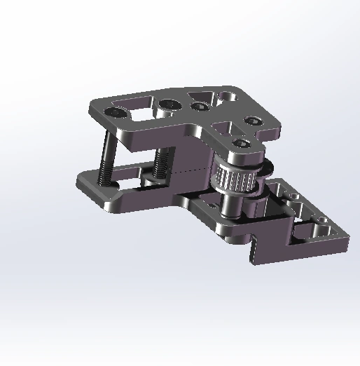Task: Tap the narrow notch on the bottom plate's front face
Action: click(254, 249)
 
